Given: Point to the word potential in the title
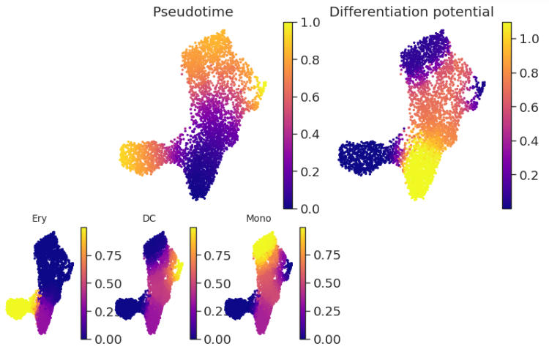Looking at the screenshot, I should [462, 12].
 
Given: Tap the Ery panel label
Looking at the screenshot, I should [40, 218].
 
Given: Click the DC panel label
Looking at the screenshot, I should [149, 218].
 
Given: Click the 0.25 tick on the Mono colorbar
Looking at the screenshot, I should [327, 311].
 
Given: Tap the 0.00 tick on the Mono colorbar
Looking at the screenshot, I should [327, 340].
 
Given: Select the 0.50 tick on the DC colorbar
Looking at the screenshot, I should [217, 283].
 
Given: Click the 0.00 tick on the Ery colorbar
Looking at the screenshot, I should [108, 340].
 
